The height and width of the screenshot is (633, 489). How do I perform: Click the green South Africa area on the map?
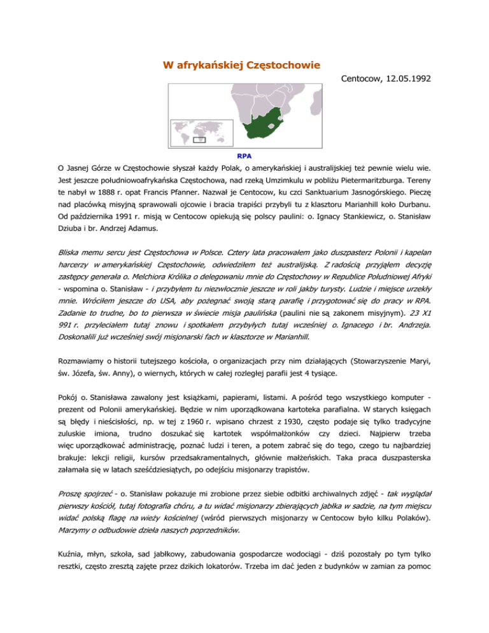tap(252, 124)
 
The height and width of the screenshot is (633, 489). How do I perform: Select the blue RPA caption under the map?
tap(244, 155)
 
